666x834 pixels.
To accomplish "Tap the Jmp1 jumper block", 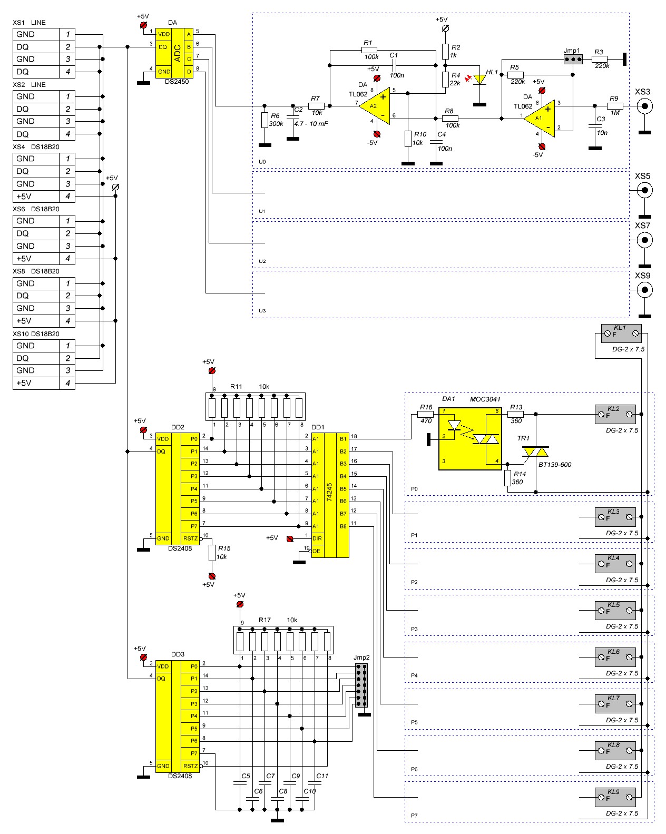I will coord(572,59).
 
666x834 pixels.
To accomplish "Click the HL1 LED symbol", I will coord(479,79).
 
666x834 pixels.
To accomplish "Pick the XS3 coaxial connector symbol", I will coord(643,106).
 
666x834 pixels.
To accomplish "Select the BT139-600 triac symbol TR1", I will coord(535,452).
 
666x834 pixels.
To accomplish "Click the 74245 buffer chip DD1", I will coord(330,495).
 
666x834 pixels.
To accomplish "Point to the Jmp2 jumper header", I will coord(361,685).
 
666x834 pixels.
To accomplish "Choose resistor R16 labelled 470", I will coord(425,415).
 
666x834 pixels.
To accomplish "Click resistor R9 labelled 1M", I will coord(614,105).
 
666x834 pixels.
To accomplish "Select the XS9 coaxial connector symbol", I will coord(643,290).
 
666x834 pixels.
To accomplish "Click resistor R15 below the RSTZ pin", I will coord(212,553).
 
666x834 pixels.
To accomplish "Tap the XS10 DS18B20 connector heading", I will coord(36,334).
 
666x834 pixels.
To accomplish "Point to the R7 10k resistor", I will coord(316,106).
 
